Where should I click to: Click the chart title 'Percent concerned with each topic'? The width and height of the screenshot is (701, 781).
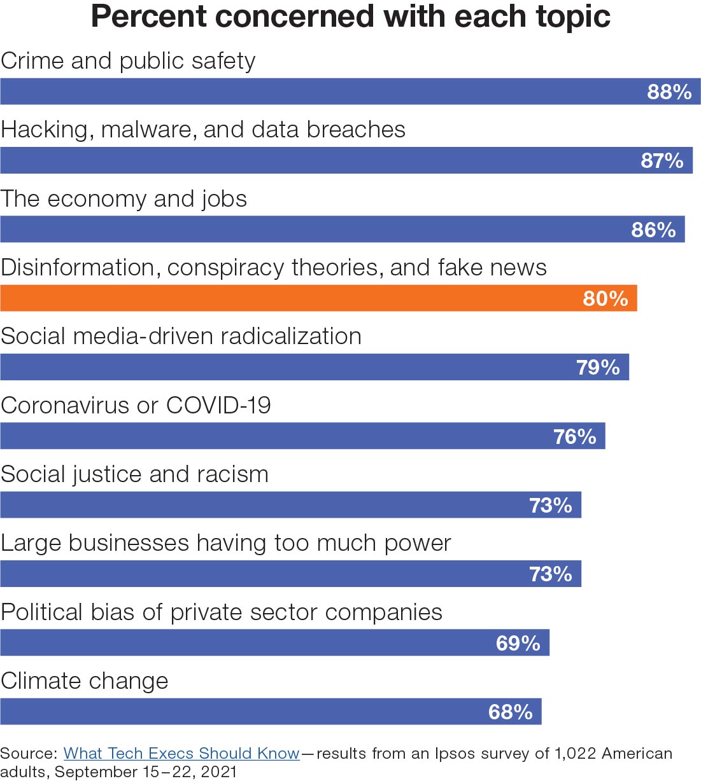point(351,17)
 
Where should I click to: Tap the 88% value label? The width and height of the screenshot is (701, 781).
point(669,92)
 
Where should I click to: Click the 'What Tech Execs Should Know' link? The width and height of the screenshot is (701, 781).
point(181,754)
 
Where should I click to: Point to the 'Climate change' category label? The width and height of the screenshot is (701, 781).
point(85,681)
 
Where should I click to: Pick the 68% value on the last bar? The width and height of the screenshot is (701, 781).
point(510,712)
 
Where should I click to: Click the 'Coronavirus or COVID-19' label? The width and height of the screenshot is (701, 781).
point(136,405)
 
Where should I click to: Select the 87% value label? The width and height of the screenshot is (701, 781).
point(662,161)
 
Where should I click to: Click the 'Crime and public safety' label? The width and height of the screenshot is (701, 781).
point(128,61)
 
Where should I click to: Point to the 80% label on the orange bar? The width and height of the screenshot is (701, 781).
point(605,298)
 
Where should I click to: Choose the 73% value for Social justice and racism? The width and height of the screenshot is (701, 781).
point(551,506)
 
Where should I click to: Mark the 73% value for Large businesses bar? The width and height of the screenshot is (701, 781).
point(551,574)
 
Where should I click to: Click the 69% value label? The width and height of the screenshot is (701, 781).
point(518,643)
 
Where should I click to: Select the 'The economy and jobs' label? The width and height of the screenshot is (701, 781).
point(124,199)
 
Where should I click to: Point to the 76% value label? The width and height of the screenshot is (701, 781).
point(574,437)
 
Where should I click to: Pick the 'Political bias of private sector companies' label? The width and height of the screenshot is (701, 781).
point(222,612)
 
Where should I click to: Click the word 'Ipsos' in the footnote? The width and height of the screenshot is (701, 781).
point(455,754)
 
